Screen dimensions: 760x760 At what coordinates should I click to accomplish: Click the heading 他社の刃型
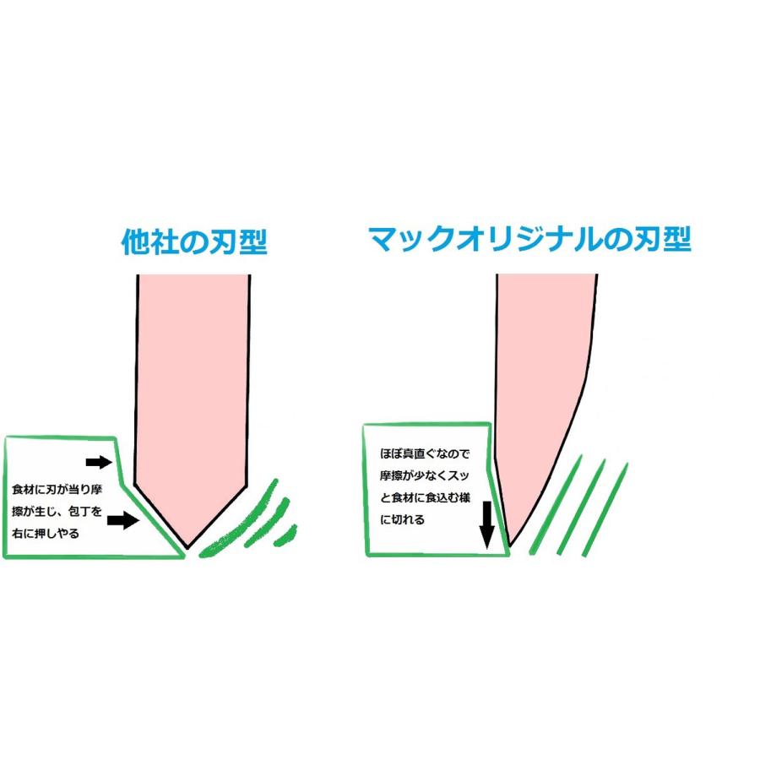[194, 242]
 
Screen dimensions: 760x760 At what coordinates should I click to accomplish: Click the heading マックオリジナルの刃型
[529, 240]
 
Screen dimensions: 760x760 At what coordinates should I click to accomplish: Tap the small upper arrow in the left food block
[99, 462]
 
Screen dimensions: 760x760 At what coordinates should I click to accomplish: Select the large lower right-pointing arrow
[123, 520]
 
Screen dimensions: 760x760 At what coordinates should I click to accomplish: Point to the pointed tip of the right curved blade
[510, 546]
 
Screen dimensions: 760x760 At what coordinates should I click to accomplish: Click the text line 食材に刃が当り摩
[57, 489]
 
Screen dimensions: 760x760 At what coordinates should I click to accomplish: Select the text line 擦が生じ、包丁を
[57, 512]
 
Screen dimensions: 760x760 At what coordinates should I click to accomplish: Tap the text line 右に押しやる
[46, 534]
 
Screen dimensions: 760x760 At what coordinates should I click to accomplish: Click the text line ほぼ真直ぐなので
[425, 453]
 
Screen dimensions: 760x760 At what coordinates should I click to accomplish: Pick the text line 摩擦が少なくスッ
[425, 475]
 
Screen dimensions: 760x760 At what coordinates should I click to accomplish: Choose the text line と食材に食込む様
[425, 497]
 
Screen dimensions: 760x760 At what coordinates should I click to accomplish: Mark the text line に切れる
[402, 519]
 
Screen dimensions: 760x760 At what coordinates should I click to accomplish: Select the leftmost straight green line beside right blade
[555, 504]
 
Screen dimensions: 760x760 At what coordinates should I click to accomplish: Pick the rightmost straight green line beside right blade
[605, 510]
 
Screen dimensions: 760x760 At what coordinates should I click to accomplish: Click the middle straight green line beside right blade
[582, 507]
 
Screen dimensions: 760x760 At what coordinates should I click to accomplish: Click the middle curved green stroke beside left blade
[268, 524]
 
